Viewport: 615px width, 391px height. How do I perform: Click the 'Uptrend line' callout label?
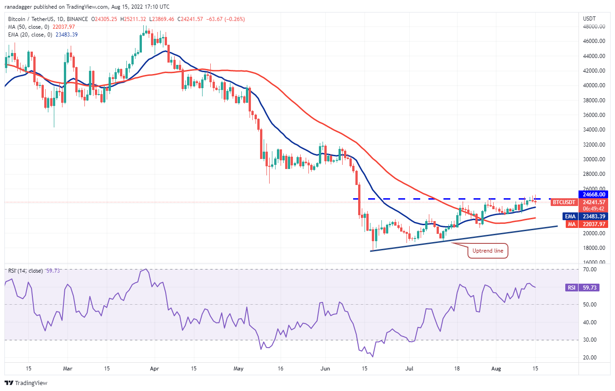tap(488, 251)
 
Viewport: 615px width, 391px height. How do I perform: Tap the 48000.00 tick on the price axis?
tap(593, 26)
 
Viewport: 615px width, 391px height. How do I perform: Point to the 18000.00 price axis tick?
tap(593, 248)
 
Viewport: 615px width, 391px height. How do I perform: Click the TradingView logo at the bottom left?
tap(26, 383)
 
